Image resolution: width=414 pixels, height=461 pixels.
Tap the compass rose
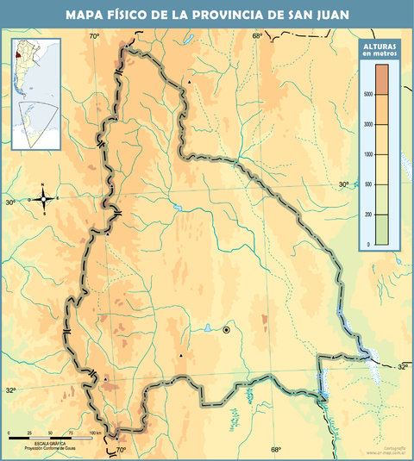coord(43,199)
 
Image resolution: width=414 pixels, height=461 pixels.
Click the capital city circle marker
coord(227,329)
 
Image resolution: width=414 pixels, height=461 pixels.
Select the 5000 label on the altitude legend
coord(368,94)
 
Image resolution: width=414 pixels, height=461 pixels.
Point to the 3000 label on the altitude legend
coord(368,124)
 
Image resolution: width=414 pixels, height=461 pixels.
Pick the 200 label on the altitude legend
coord(369,215)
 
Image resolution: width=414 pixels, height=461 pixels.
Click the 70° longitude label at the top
coord(94,35)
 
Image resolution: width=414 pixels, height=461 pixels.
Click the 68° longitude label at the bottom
coord(275,450)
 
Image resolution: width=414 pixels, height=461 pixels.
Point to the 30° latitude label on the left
coord(10,202)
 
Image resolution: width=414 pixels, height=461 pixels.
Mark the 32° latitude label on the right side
coord(403,367)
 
